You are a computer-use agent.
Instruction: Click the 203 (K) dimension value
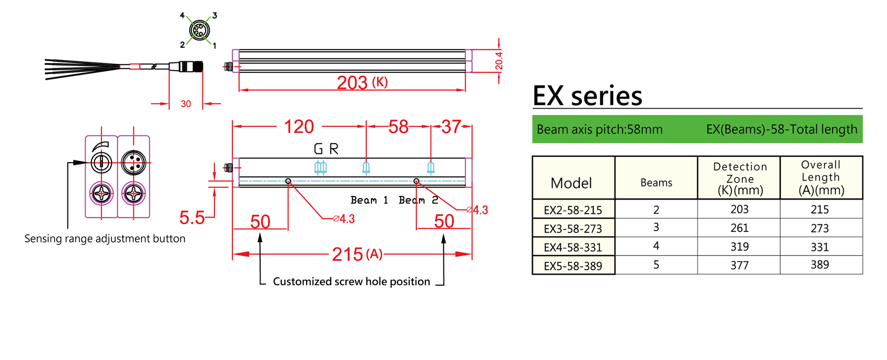pyautogui.click(x=362, y=83)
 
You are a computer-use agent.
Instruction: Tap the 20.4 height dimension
pyautogui.click(x=499, y=61)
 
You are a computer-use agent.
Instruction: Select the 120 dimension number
pyautogui.click(x=299, y=127)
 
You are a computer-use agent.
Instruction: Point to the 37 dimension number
pyautogui.click(x=451, y=127)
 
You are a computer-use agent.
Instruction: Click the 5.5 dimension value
pyautogui.click(x=192, y=218)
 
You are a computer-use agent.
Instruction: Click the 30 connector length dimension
pyautogui.click(x=186, y=104)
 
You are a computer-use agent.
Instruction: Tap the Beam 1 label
pyautogui.click(x=369, y=200)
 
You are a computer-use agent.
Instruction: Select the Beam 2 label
pyautogui.click(x=418, y=200)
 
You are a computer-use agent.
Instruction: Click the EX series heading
pyautogui.click(x=587, y=96)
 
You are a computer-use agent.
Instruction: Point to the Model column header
pyautogui.click(x=571, y=183)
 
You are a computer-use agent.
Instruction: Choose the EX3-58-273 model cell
pyautogui.click(x=573, y=229)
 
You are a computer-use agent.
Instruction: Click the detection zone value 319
pyautogui.click(x=739, y=247)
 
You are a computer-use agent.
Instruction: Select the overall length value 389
pyautogui.click(x=820, y=265)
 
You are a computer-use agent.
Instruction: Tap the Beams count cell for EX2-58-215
pyautogui.click(x=656, y=210)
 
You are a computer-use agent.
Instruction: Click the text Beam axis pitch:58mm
pyautogui.click(x=599, y=129)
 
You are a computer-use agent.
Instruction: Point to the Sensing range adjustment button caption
pyautogui.click(x=105, y=238)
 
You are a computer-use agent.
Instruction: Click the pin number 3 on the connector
pyautogui.click(x=214, y=16)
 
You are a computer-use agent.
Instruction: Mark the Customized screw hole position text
pyautogui.click(x=351, y=281)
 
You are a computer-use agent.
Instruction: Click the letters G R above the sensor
pyautogui.click(x=326, y=149)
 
